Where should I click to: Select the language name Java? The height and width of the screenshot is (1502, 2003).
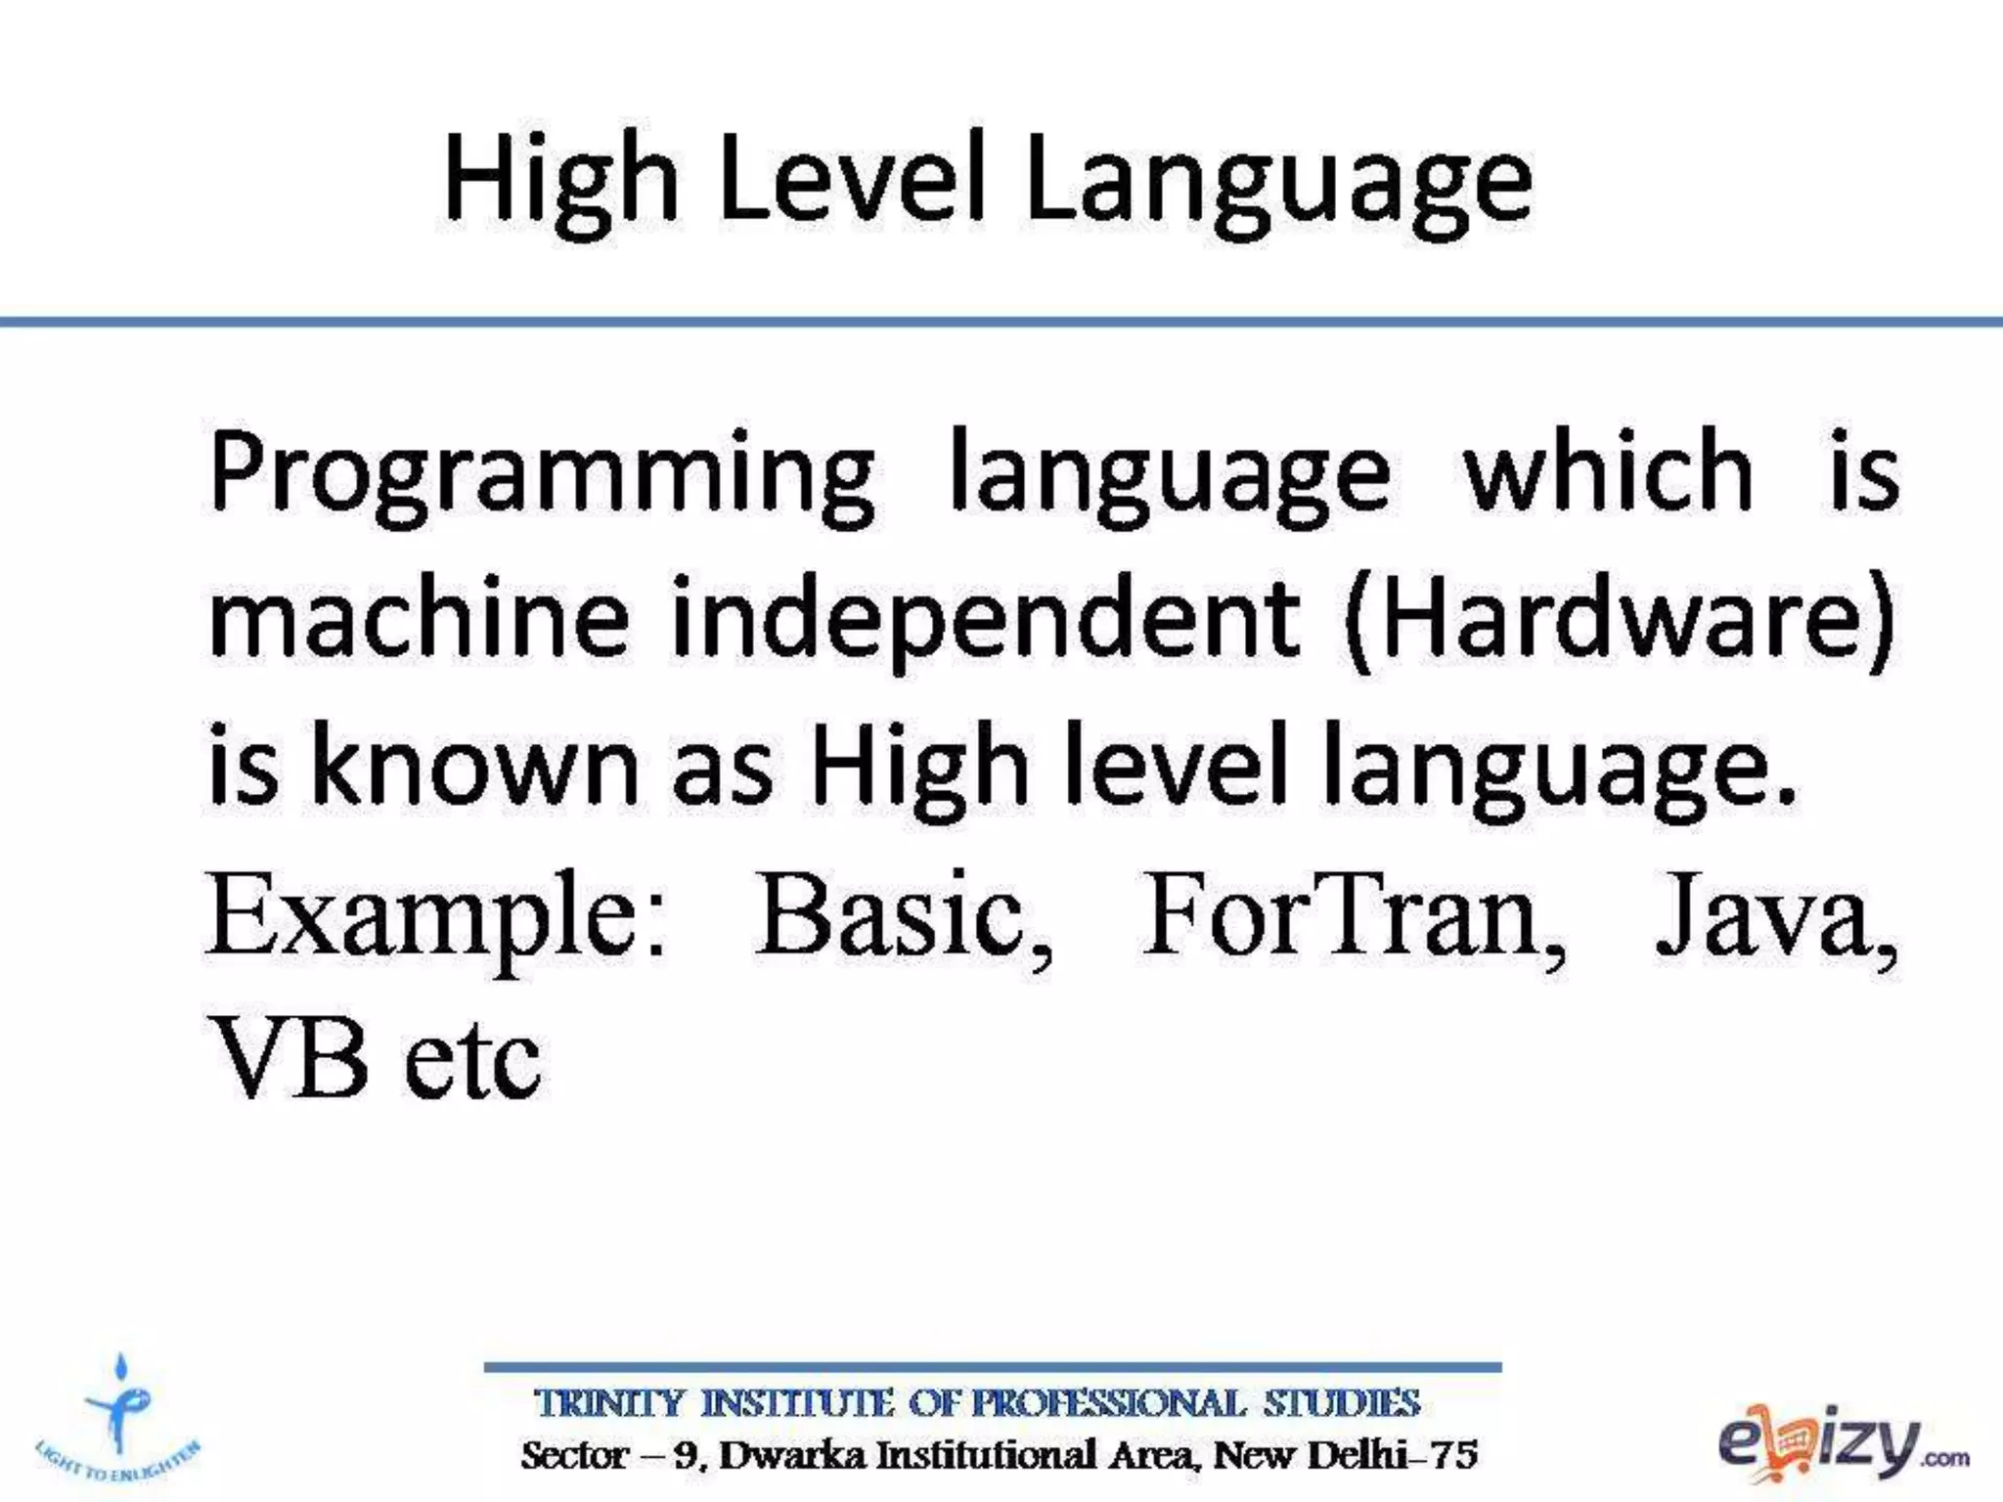coord(1775,916)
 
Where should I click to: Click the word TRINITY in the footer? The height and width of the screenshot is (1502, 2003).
coord(608,1404)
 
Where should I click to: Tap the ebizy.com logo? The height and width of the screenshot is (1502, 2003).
coord(1843,1444)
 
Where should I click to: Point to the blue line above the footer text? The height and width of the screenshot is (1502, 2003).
coord(993,1367)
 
